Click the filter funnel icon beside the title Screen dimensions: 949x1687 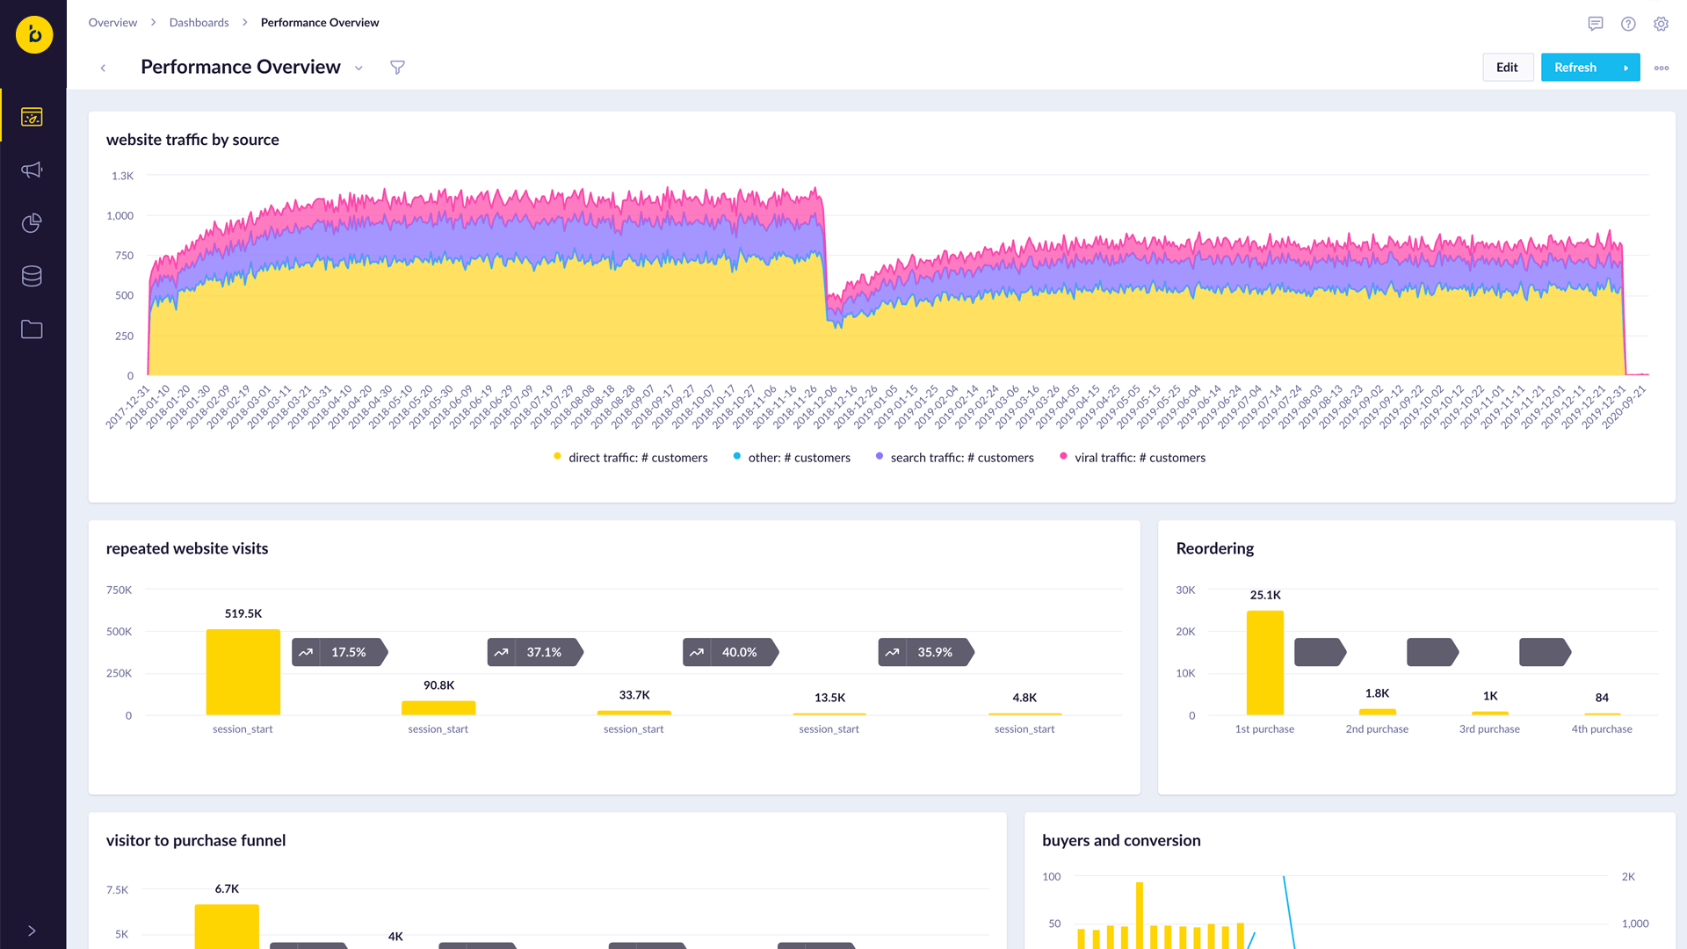tap(397, 68)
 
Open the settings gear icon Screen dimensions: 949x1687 tap(1661, 24)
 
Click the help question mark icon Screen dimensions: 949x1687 tap(1628, 24)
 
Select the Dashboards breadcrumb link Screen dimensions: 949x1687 tap(199, 23)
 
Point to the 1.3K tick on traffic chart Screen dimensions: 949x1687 tap(123, 176)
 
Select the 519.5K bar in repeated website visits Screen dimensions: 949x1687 tap(243, 672)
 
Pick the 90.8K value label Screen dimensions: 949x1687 tap(438, 685)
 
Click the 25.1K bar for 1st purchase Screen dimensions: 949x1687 tap(1265, 663)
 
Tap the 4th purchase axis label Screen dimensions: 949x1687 tap(1602, 729)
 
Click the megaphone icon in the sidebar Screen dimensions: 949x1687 tap(32, 170)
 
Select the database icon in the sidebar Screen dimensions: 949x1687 tap(32, 276)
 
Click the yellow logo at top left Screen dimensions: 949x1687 tap(34, 35)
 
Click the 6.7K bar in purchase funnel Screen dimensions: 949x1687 tap(227, 927)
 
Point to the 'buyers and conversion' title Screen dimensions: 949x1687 tap(1121, 841)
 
